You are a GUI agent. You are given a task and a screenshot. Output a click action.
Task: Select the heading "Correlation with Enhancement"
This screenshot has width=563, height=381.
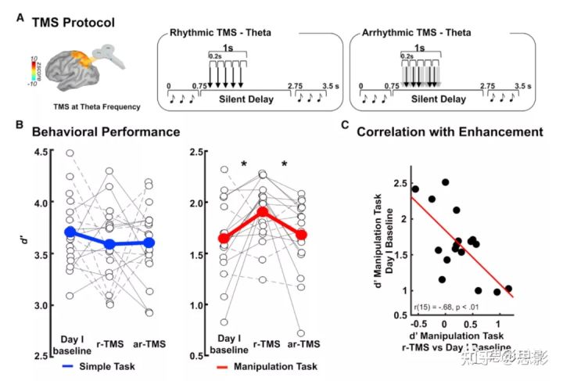[449, 132]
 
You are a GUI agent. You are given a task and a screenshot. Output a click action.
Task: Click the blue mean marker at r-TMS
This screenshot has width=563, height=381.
[111, 245]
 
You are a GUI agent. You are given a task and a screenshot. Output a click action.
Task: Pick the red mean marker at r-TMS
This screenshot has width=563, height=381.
[264, 212]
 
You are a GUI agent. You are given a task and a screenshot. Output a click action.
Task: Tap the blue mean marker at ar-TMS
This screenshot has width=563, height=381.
[149, 243]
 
